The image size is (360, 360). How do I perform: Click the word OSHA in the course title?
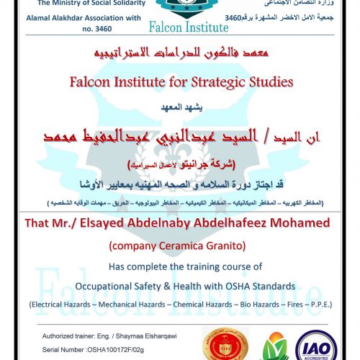[241, 287]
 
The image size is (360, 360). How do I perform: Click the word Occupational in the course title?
[112, 287]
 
